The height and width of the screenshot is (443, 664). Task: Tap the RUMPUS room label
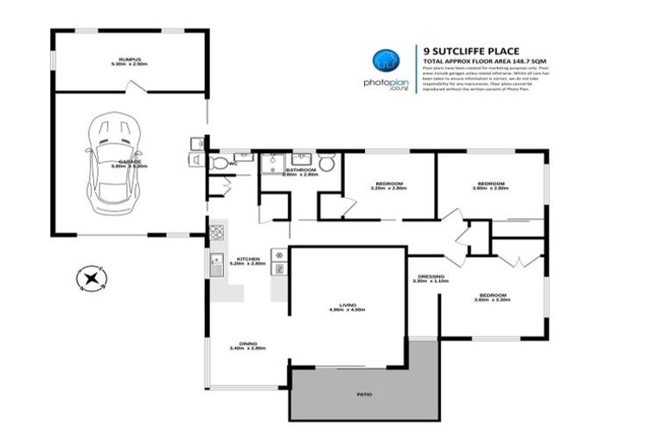coord(130,60)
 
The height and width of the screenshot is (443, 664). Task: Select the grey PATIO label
coord(364,395)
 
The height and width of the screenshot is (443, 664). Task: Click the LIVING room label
coord(348,305)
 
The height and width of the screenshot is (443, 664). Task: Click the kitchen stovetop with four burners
coord(215,231)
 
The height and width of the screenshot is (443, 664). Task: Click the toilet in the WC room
coord(220,163)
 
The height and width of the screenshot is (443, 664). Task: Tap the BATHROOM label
coord(301,171)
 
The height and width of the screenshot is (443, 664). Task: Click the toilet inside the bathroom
coord(326,162)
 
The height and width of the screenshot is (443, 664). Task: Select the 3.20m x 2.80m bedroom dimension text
coord(388,188)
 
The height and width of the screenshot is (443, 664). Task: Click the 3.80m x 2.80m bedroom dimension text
coord(490,188)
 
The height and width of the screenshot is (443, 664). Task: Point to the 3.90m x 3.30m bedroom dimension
coord(491,299)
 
